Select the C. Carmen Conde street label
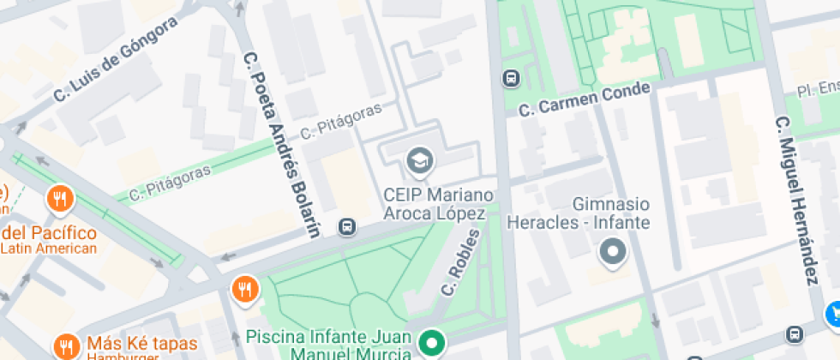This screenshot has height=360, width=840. pos(585,100)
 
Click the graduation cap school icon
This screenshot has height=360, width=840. pos(420,159)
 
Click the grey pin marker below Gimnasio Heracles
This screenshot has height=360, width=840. pos(612,253)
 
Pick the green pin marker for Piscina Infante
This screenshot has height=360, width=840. pos(434,345)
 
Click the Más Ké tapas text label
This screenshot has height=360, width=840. pos(141,345)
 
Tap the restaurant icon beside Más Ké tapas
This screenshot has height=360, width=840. pos(66,346)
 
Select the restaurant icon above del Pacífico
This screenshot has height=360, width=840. pos(60,200)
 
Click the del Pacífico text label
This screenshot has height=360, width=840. pos(49,232)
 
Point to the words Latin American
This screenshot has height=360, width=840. pos(49,249)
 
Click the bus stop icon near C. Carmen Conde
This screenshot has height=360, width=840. pos(511,78)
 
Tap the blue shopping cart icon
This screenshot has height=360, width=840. pos(832,315)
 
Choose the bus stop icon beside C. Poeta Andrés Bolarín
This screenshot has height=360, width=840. pos(347,227)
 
